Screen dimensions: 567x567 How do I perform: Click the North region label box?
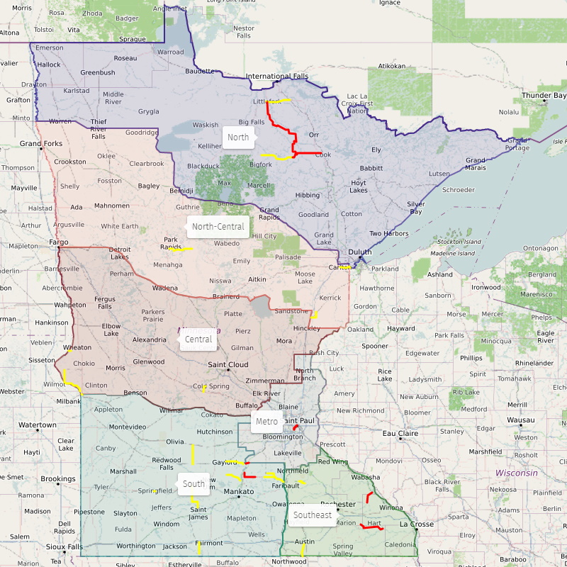pyautogui.click(x=238, y=137)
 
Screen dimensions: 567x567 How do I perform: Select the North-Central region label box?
pyautogui.click(x=218, y=227)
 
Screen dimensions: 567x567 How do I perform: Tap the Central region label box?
pyautogui.click(x=198, y=339)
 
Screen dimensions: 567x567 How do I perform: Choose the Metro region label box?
pyautogui.click(x=266, y=422)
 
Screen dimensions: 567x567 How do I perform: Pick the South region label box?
pyautogui.click(x=193, y=485)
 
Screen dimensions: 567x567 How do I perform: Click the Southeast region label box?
pyautogui.click(x=313, y=515)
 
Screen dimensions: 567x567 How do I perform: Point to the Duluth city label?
pyautogui.click(x=360, y=252)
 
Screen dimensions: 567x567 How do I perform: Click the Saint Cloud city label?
pyautogui.click(x=228, y=364)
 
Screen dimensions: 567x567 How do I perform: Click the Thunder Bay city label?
pyautogui.click(x=544, y=95)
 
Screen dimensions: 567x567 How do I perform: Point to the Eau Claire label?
pyautogui.click(x=399, y=433)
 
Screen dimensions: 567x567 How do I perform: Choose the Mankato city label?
pyautogui.click(x=238, y=491)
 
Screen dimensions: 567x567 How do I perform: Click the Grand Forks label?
pyautogui.click(x=41, y=144)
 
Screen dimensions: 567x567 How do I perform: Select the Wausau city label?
pyautogui.click(x=521, y=420)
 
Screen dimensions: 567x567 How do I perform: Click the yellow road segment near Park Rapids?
pyautogui.click(x=181, y=249)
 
